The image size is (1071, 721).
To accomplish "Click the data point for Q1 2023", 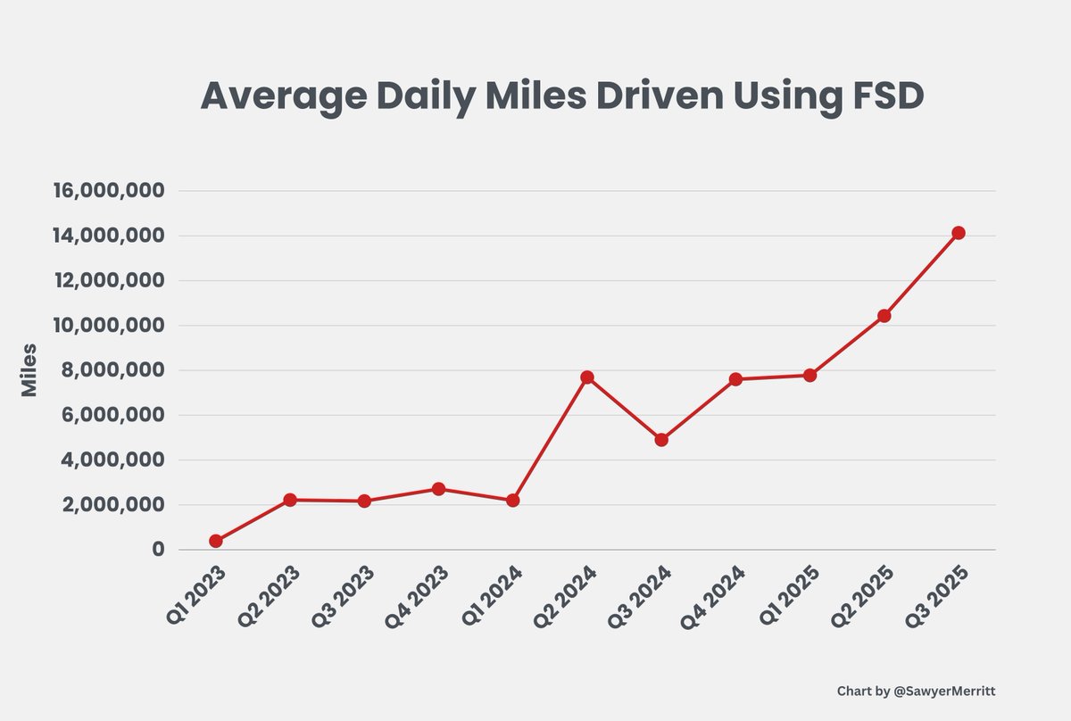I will coord(215,541).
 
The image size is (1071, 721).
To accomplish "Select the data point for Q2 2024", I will coord(587,377).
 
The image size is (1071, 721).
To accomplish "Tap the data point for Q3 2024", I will coord(661,440).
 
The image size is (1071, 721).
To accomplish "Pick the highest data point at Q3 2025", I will coord(959,233).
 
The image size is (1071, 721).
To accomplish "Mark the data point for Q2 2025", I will coord(884,316).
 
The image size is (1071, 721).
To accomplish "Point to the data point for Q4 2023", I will coord(438,489).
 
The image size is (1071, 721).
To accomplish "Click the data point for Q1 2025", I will coord(809,376).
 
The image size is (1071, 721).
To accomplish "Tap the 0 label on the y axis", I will coord(157,550).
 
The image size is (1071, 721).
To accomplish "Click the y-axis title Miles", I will coord(29,369).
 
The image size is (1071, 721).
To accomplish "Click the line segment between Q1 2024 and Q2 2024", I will coord(550,439).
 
